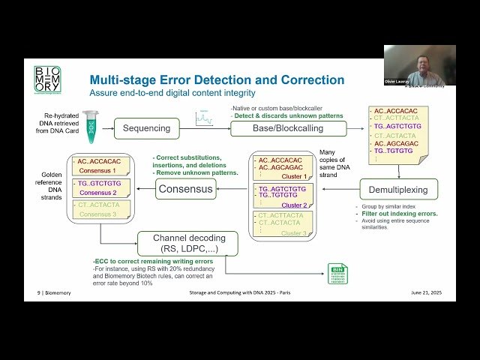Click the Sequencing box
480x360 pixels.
pos(147,128)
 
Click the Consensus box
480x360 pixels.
pos(185,189)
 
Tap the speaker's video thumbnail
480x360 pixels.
pos(419,65)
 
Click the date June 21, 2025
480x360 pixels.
pos(430,292)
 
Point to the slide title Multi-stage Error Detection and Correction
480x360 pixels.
pos(217,80)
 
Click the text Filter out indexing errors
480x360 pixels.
pos(397,214)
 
